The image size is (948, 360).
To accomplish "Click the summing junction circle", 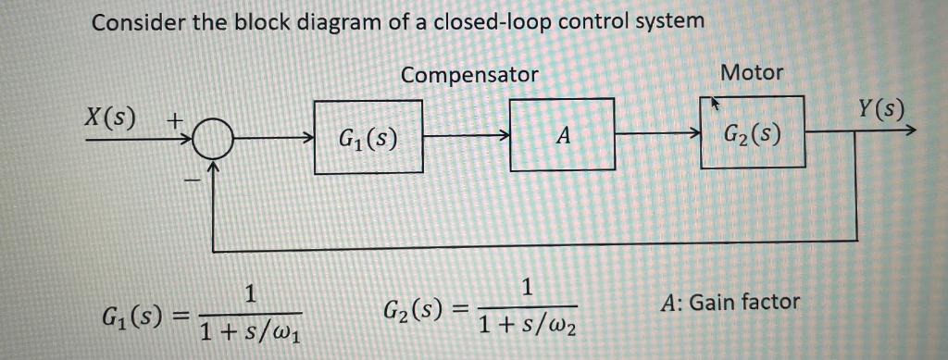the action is tap(211, 140).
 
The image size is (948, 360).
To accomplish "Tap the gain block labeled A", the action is tap(563, 135).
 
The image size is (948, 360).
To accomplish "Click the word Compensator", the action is tap(469, 75).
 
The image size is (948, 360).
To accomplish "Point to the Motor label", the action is tap(751, 71).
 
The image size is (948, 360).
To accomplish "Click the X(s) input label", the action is tap(109, 118).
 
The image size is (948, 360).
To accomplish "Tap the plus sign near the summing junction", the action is tap(174, 120).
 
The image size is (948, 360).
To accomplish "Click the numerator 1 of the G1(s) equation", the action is tap(249, 295).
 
